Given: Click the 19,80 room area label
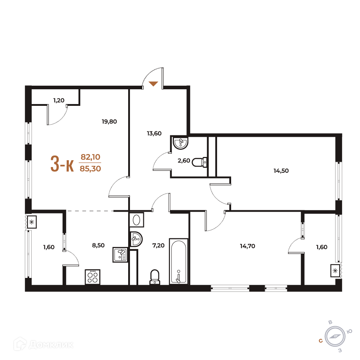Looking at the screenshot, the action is click(109, 121).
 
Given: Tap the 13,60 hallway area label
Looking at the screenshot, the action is click(154, 134).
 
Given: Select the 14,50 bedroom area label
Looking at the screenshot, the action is click(281, 171).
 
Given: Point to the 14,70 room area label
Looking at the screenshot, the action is click(248, 246).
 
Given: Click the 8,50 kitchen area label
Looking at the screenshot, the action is click(98, 246).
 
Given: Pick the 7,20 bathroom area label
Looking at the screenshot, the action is click(158, 246).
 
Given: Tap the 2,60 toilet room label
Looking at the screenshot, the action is click(184, 161).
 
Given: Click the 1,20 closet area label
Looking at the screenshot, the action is click(59, 100).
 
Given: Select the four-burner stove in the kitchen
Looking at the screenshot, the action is click(93, 277).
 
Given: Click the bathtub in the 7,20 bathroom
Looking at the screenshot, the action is click(179, 261).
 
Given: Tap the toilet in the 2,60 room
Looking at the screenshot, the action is click(199, 162).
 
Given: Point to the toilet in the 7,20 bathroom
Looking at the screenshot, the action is click(155, 277).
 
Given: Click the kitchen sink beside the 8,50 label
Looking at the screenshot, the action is click(120, 255).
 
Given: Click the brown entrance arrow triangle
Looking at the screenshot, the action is click(153, 84).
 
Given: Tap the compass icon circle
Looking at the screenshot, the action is click(335, 337).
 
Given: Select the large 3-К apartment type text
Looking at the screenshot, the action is click(62, 164).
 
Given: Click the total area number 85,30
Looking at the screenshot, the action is click(90, 169).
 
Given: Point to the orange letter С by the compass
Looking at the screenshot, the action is click(321, 341).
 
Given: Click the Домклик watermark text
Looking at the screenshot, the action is click(51, 345).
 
